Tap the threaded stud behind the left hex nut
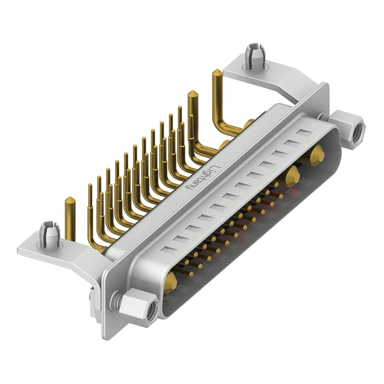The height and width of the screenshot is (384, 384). (116, 301)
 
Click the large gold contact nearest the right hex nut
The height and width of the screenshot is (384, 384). (316, 156)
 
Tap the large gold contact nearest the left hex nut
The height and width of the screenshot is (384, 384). (170, 283)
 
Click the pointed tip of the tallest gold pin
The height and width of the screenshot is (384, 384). (216, 72)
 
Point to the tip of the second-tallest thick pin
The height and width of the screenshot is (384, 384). (193, 92)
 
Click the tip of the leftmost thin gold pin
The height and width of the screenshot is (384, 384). (90, 187)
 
